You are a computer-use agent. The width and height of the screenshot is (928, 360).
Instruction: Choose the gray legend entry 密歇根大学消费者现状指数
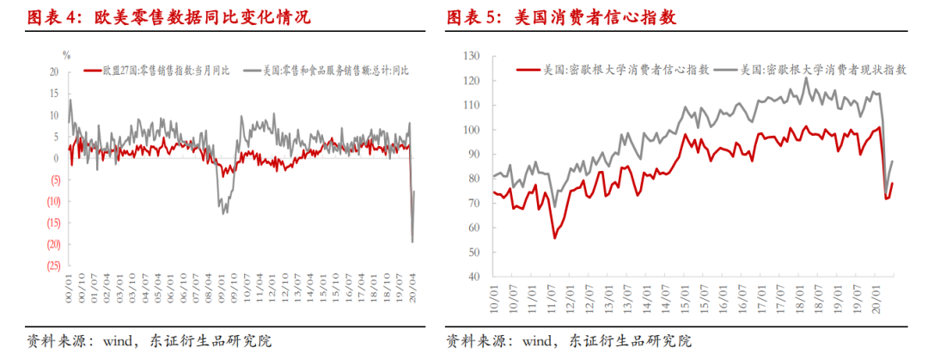click(824, 70)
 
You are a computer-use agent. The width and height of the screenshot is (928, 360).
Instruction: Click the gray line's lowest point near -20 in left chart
click(412, 241)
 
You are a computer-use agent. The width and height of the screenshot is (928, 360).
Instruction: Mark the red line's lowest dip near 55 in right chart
click(555, 238)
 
